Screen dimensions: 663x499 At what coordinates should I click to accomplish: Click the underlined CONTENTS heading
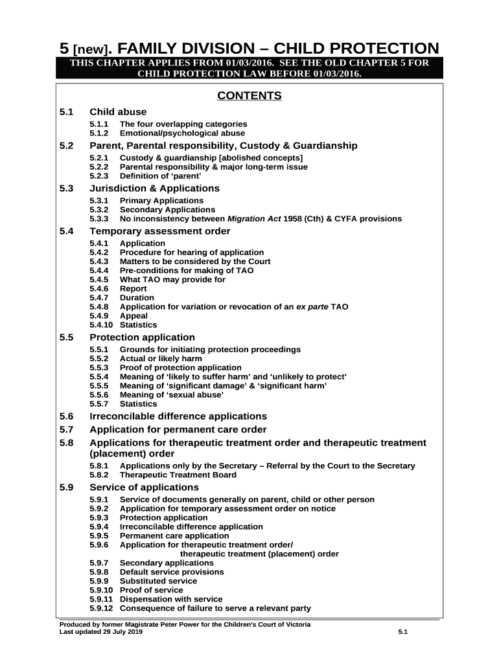pos(249,96)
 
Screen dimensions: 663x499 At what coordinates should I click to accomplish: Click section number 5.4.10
pos(101,325)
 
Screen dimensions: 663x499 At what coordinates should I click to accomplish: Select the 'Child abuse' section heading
pos(118,112)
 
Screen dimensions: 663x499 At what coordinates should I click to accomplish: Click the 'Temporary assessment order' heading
pos(159,231)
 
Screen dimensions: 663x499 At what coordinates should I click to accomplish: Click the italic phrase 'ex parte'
pos(312,307)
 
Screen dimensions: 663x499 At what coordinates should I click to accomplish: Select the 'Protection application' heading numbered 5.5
pos(142,337)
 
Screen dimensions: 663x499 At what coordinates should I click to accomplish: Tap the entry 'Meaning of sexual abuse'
pos(172,395)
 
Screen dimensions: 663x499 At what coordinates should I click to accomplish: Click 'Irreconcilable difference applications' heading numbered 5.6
pos(178,416)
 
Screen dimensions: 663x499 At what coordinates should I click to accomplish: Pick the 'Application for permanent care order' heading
pos(178,430)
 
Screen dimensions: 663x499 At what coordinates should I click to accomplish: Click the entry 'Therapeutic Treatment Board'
pos(178,475)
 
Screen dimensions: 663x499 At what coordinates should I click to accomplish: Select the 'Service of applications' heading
pos(144,488)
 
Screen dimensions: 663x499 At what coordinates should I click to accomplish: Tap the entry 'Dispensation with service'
pos(171,600)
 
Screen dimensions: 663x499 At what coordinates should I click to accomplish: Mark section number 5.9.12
pos(101,609)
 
